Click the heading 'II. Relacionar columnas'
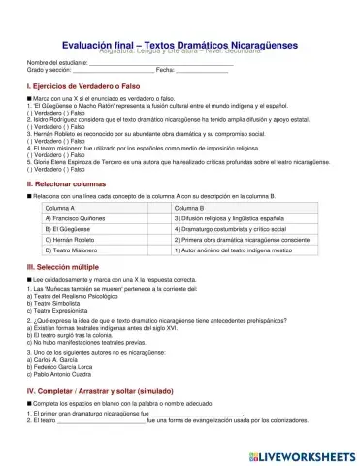(x=65, y=183)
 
